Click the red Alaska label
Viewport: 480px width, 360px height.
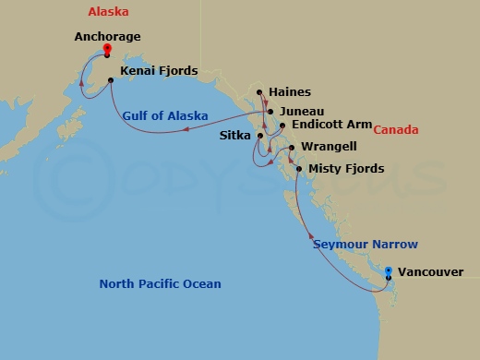pos(108,12)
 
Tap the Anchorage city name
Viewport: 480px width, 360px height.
pos(107,38)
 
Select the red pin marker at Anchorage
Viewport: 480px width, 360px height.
pos(108,49)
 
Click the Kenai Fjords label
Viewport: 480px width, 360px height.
pos(160,69)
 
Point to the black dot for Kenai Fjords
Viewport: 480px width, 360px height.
pos(111,80)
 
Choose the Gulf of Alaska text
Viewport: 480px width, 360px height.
pos(164,115)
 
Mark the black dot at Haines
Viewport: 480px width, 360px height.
pos(260,92)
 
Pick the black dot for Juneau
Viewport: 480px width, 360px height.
pos(270,111)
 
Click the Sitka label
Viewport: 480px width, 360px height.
pos(236,135)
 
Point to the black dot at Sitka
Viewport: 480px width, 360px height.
pos(260,137)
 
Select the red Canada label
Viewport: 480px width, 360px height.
pos(396,130)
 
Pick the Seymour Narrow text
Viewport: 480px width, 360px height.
pos(366,245)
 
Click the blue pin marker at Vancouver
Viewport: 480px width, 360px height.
pos(389,271)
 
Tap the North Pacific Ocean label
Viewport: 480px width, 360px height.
pos(160,283)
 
